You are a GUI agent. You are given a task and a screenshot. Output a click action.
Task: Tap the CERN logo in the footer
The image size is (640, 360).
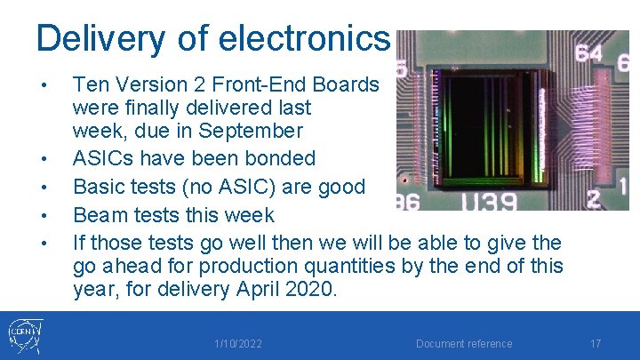(25, 335)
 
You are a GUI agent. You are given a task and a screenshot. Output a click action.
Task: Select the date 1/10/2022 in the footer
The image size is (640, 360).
(238, 344)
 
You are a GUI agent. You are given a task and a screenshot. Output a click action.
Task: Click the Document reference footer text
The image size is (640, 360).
(464, 344)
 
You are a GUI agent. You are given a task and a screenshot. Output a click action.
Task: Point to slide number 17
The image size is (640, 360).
(596, 343)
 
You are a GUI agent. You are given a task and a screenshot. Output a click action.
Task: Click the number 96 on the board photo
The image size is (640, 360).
(407, 202)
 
